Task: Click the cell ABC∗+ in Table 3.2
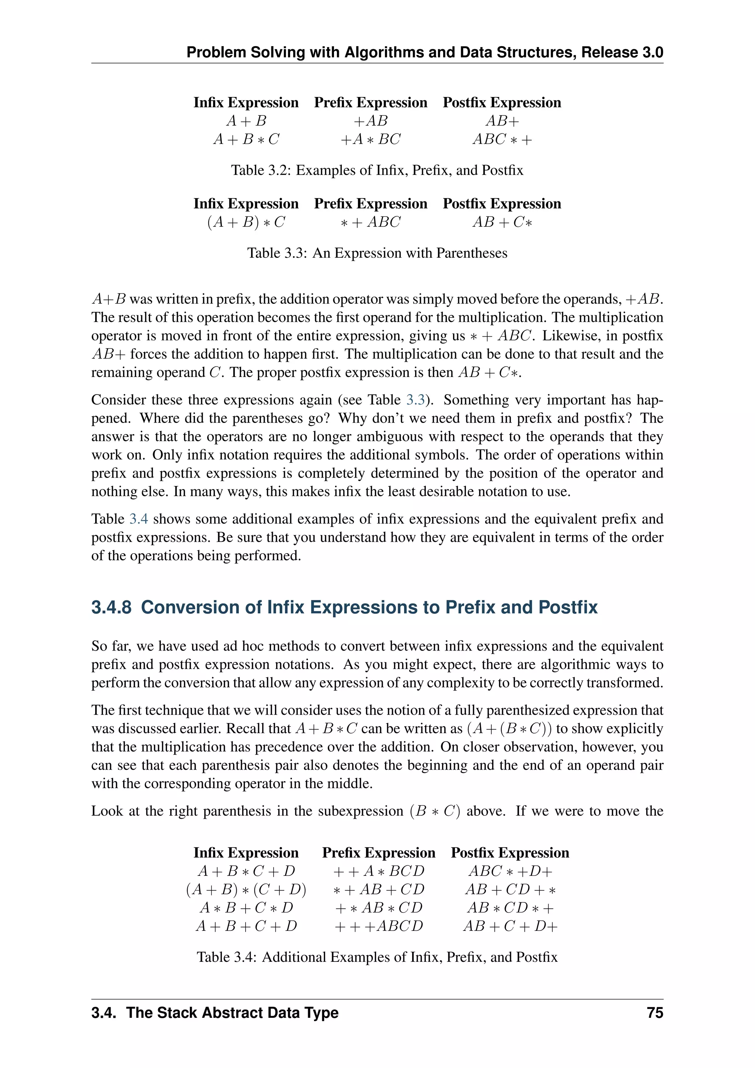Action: coord(502,139)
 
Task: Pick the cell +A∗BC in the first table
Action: coord(370,139)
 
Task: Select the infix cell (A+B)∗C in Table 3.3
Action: coord(246,222)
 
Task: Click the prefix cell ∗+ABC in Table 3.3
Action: coord(370,222)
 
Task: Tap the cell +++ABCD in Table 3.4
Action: coord(379,926)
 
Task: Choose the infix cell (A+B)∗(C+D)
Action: coord(246,890)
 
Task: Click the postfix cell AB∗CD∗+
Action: coord(510,908)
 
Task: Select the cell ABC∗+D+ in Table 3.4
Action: coord(510,871)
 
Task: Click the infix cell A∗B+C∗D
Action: coord(246,908)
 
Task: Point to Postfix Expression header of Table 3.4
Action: coord(510,853)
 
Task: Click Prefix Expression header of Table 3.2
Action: coord(370,102)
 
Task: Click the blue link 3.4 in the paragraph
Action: coord(139,519)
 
